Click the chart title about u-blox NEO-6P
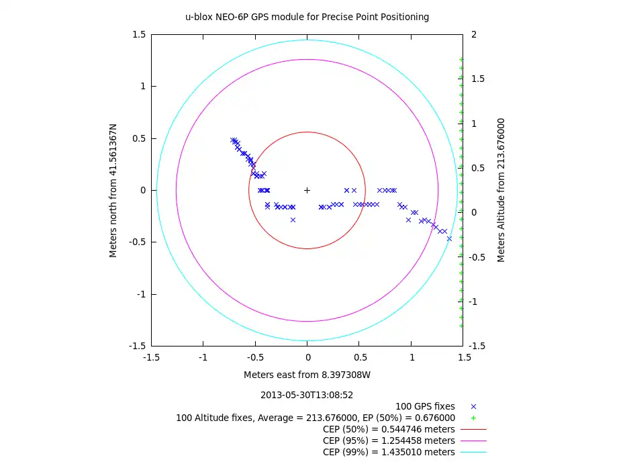pyautogui.click(x=307, y=17)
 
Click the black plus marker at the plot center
pyautogui.click(x=307, y=190)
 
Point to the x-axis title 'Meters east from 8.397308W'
pyautogui.click(x=307, y=375)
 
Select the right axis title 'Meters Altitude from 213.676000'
pyautogui.click(x=501, y=190)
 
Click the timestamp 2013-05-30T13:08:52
pyautogui.click(x=307, y=395)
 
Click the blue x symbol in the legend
pyautogui.click(x=473, y=406)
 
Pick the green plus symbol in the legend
pyautogui.click(x=473, y=418)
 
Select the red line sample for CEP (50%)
pyautogui.click(x=473, y=429)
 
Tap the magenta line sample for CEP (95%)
pyautogui.click(x=473, y=441)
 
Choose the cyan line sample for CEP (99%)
pyautogui.click(x=473, y=452)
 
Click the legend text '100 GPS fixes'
pyautogui.click(x=425, y=406)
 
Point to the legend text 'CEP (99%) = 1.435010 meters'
pyautogui.click(x=389, y=452)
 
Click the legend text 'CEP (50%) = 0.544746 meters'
pyautogui.click(x=389, y=429)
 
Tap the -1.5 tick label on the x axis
pyautogui.click(x=151, y=358)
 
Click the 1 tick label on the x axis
pyautogui.click(x=412, y=358)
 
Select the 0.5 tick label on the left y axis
pyautogui.click(x=138, y=138)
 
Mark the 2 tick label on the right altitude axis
pyautogui.click(x=475, y=34)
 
